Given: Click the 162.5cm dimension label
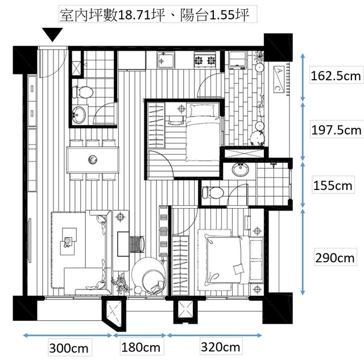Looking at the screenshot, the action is coord(336,76).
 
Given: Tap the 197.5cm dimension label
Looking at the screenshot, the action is coord(336,130).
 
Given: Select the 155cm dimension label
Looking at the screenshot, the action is coord(333,185).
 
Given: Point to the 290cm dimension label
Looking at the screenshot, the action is coord(335,258).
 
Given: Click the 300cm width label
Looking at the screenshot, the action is coord(69,349).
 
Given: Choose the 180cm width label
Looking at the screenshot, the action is coord(140,347).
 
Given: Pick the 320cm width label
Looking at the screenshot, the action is coord(220,347).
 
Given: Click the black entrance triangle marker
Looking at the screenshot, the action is coord(52,34).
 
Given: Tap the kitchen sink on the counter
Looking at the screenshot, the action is coord(166,60).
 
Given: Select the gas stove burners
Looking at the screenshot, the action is coord(205,60).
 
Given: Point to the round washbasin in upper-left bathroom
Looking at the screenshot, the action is coord(78,114).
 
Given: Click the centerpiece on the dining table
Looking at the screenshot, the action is coord(93,160).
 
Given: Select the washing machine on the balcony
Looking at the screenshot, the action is coord(237,60).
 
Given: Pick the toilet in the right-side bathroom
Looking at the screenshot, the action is coord(213,192).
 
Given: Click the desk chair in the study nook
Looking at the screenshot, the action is coord(137,244).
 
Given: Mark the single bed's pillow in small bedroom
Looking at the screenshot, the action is coord(202,110).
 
